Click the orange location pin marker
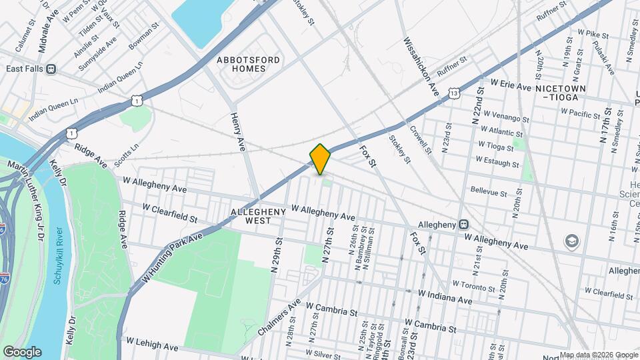tap(320, 159)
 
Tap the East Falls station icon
tap(51, 69)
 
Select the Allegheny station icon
tap(463, 225)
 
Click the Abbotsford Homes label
tap(249, 64)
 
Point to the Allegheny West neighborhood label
tap(258, 217)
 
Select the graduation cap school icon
tap(571, 241)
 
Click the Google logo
tap(22, 352)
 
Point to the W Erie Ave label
tap(511, 86)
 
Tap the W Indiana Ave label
tap(445, 297)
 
